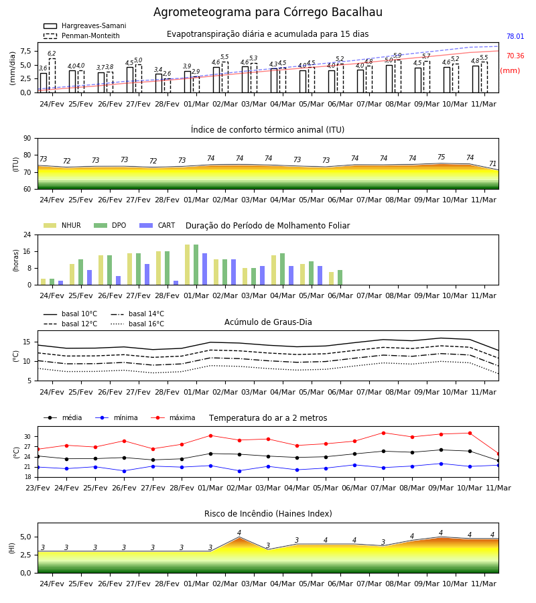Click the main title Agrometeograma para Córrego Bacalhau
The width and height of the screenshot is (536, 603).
point(267,12)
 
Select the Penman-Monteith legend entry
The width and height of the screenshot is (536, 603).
point(82,36)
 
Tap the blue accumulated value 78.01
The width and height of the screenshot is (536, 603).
point(515,37)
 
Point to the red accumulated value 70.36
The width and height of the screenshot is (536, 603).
point(515,56)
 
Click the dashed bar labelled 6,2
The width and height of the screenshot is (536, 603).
point(52,75)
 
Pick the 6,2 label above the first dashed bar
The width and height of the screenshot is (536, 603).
point(52,54)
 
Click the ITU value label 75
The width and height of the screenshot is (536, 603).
point(441,157)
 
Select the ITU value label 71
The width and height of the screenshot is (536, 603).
point(492,164)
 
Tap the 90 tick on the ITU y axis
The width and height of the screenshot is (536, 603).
point(27,139)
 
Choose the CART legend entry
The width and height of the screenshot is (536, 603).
point(157,225)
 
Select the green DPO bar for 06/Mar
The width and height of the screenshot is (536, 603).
point(340,277)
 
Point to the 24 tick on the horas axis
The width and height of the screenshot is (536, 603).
point(27,234)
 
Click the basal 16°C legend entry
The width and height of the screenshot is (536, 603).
point(137,324)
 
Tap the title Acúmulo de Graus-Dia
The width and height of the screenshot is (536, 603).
point(268,322)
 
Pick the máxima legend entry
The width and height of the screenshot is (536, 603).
point(173,417)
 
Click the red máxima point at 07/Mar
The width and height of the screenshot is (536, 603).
point(383,433)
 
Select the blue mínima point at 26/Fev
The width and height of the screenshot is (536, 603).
point(124,471)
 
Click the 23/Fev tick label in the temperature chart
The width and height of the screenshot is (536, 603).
point(38,488)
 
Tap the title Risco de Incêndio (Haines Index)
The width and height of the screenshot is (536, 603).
point(268,514)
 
